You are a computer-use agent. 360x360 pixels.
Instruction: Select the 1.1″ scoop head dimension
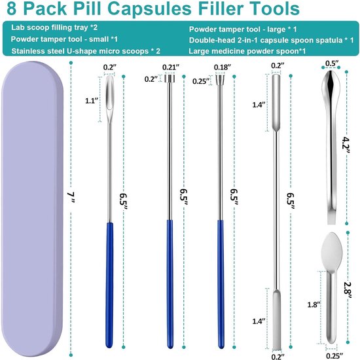91,102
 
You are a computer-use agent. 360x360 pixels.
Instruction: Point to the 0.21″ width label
170,66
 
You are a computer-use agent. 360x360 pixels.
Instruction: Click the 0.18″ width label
223,66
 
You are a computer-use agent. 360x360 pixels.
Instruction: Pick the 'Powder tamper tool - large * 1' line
243,29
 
